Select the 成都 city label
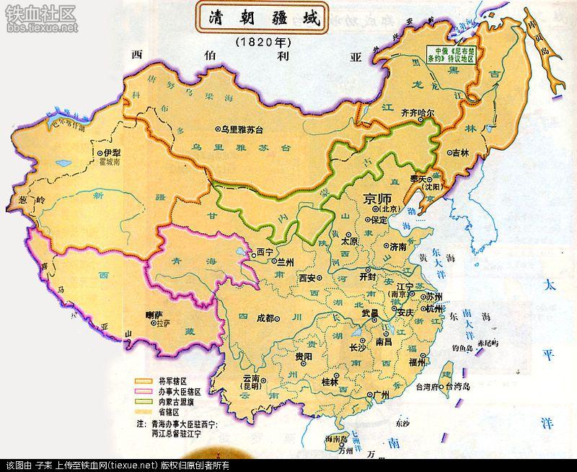tap(265, 318)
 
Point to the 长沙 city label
tap(358, 347)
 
